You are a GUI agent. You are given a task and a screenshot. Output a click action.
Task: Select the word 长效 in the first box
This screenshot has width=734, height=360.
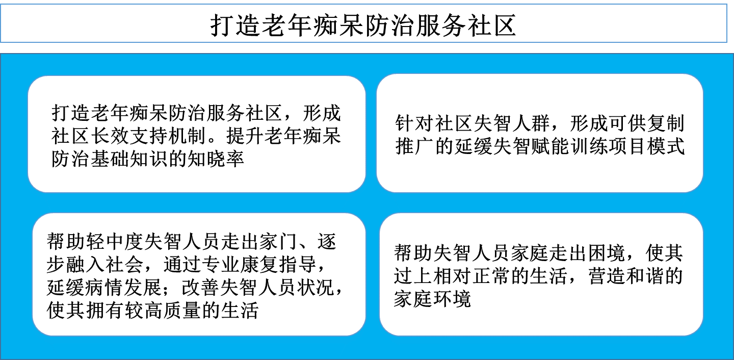point(110,136)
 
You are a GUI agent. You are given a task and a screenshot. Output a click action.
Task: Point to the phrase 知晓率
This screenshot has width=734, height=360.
point(215,159)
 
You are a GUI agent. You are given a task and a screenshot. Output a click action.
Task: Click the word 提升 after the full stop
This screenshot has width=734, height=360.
point(245,136)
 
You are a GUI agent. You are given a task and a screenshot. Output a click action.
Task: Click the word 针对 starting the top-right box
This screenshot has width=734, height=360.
point(414,123)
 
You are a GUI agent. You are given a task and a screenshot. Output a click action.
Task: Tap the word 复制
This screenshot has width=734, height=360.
point(666,123)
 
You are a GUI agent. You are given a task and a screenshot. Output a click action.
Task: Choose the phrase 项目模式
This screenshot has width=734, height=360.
point(647,146)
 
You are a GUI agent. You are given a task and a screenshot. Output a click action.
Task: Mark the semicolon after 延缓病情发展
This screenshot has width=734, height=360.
point(172,289)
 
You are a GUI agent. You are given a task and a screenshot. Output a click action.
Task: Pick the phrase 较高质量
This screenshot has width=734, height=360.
point(163,310)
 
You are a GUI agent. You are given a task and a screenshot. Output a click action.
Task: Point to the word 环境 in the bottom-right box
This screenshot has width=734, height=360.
point(452,299)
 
